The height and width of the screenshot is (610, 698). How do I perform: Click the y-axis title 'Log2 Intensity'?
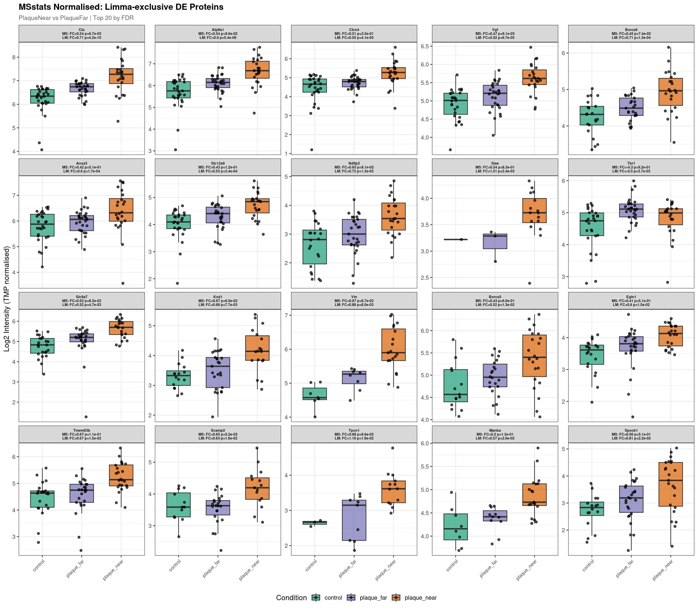tap(7, 299)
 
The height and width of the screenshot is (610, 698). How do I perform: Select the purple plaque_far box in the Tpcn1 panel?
tap(354, 520)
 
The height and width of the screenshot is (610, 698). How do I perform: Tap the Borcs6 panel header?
tap(631, 34)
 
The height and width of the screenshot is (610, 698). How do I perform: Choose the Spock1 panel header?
tap(631, 434)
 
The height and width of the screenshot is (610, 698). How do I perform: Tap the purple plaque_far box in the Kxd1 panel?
tap(218, 372)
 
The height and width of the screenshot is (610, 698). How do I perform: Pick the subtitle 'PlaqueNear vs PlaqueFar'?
tap(76, 18)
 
